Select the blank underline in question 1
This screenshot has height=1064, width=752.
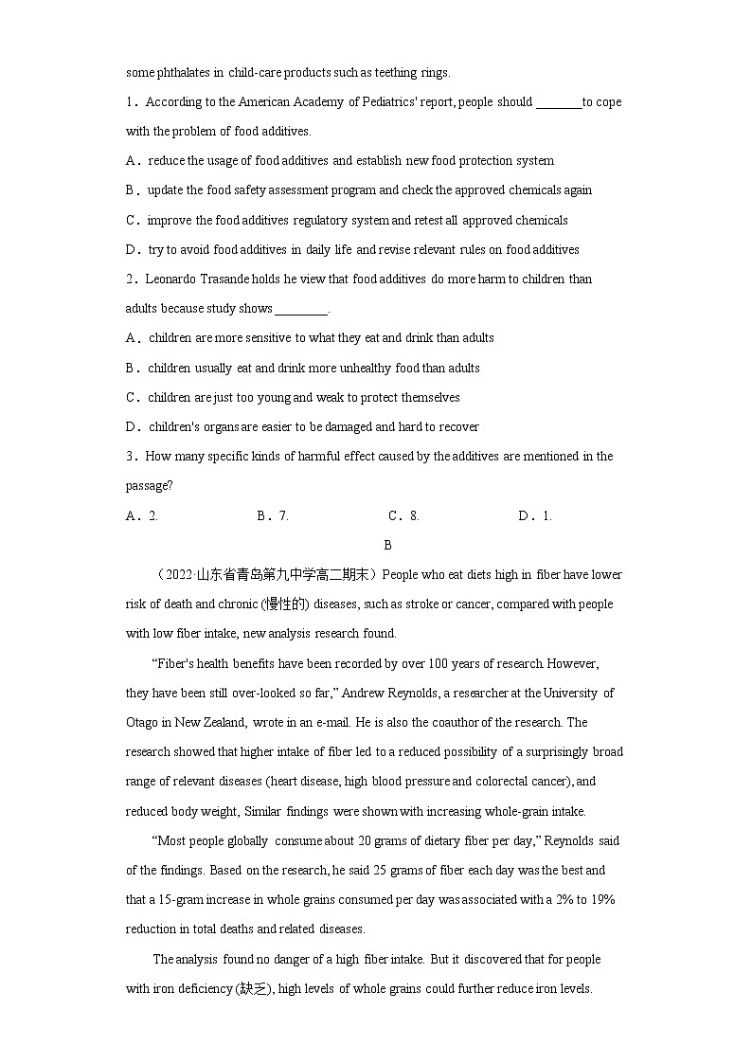(559, 103)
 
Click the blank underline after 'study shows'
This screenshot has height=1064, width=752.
(301, 309)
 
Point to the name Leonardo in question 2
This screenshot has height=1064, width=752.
(170, 280)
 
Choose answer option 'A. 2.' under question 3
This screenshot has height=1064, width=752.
(142, 516)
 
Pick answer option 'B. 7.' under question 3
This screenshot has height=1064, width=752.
(273, 516)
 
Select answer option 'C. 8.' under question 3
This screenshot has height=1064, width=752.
(404, 516)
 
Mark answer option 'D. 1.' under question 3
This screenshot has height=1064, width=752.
(535, 516)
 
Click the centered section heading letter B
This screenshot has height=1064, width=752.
(387, 546)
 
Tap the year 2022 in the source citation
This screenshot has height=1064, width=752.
(178, 575)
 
